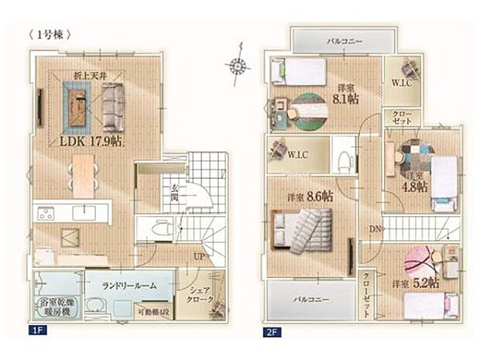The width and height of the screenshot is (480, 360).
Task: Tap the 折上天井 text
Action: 90,75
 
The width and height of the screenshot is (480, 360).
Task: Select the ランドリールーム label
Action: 129,285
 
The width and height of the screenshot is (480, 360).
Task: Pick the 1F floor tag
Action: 36,331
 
